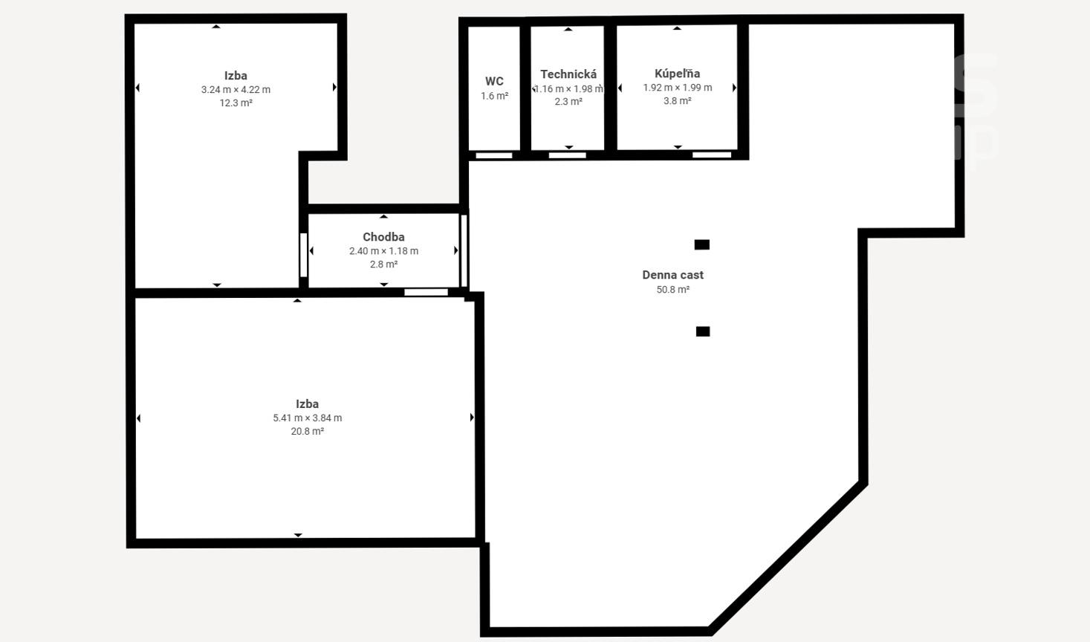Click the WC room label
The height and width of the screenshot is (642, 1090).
pos(494,81)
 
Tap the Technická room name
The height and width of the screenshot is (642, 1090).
pos(568,74)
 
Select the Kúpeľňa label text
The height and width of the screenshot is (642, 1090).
pos(678,74)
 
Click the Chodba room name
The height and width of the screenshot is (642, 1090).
pos(383,237)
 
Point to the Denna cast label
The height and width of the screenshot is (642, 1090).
pos(673,275)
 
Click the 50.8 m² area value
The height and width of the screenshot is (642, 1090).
pos(673,290)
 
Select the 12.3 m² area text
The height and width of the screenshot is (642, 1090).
pos(236,103)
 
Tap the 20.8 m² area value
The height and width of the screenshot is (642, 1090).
pos(308,431)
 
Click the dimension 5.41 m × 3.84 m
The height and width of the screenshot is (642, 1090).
pos(308,418)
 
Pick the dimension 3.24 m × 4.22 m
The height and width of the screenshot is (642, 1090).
pos(236,90)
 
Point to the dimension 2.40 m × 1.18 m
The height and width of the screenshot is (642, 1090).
pos(383,251)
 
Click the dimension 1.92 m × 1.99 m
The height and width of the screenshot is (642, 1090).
pos(678,88)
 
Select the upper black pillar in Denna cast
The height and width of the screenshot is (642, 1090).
pos(701,244)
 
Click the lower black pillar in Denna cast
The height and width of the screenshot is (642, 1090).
pos(703,331)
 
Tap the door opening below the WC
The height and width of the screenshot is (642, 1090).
pos(494,156)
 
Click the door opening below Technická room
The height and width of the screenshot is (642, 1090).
pos(568,155)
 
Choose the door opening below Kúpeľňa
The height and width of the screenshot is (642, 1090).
pos(712,155)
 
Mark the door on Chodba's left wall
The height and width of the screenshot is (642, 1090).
pos(303,255)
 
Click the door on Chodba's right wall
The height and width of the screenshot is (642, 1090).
pos(464,250)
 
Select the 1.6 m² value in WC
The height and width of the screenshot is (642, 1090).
pos(494,96)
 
